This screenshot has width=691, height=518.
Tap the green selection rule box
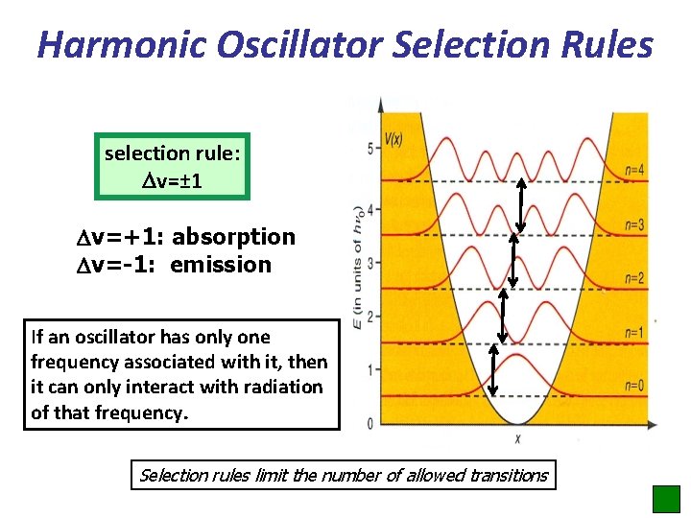click(173, 166)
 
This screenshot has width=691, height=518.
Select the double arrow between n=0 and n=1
click(493, 370)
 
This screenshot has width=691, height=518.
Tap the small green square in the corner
click(665, 499)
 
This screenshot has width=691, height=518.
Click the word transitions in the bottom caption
click(508, 475)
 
